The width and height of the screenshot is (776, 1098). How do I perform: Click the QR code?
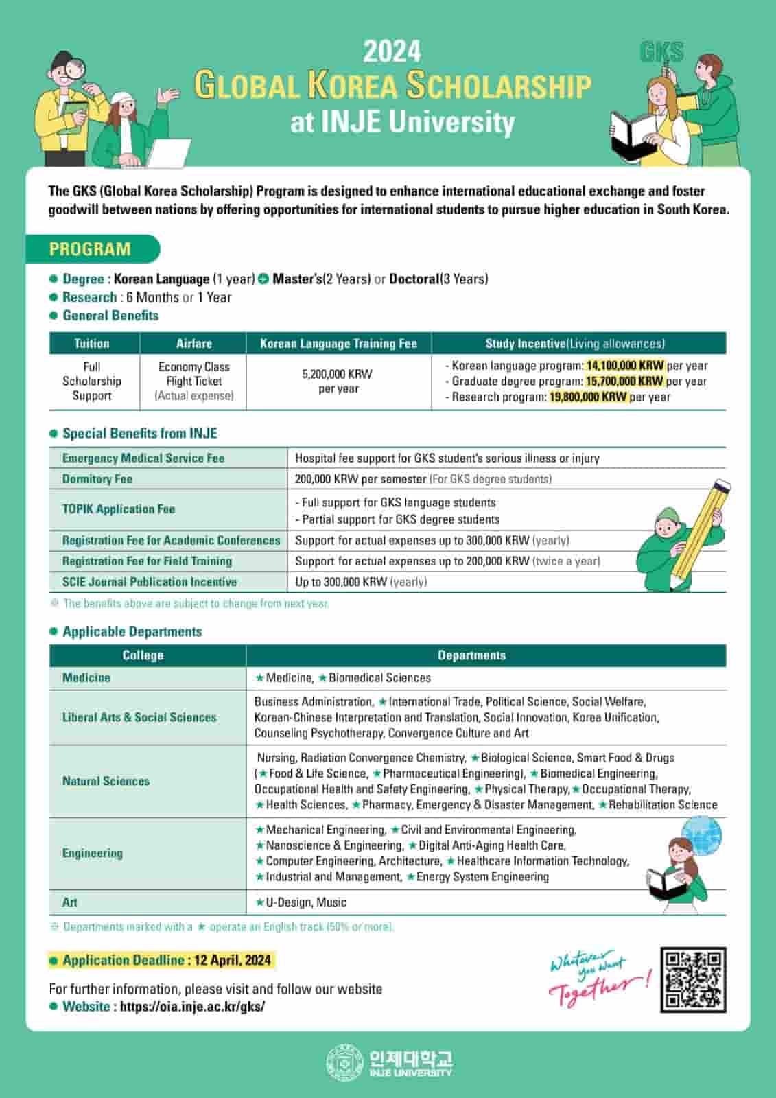693,980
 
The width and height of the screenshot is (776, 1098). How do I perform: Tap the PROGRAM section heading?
90,249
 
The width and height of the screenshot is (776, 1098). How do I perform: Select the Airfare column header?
193,343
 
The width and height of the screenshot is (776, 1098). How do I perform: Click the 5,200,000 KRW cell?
338,381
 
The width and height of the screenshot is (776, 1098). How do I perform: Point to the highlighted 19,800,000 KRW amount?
588,397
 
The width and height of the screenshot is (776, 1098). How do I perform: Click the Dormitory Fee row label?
97,479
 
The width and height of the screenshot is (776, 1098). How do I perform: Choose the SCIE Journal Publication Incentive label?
150,582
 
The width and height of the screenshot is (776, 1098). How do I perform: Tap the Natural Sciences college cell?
106,781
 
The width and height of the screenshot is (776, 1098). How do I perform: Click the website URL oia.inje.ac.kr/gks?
192,1007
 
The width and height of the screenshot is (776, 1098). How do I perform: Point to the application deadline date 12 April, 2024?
232,960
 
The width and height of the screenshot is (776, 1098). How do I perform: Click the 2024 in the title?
392,51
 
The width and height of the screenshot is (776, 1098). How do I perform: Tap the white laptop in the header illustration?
169,153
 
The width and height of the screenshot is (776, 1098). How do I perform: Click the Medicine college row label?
86,678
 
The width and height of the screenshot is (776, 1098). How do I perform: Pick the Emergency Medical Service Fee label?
143,458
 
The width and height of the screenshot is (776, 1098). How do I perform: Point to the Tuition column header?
92,343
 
